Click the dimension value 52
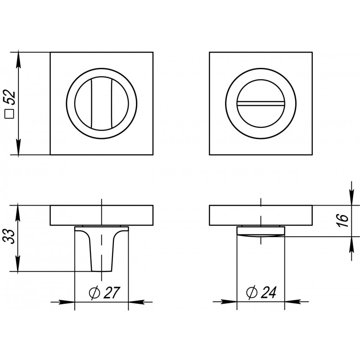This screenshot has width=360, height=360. (x=10, y=97)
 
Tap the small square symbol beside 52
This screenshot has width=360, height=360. (x=10, y=114)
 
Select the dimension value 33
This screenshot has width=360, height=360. (x=9, y=236)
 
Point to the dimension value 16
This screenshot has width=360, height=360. (x=343, y=220)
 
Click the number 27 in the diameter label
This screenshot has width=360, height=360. (x=112, y=292)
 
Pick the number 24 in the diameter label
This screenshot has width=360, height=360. (x=268, y=292)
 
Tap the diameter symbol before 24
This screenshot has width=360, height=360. (x=252, y=292)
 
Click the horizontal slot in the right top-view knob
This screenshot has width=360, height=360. (x=261, y=103)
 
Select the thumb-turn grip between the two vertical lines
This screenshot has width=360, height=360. (x=101, y=103)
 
